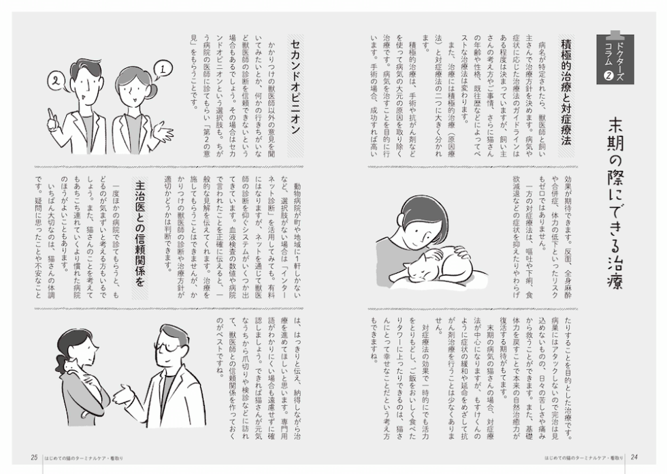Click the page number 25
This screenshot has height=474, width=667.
35,458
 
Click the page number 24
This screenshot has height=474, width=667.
634,458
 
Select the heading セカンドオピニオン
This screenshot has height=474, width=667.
295,86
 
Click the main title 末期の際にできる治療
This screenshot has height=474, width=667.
615,204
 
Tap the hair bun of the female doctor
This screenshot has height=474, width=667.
153,90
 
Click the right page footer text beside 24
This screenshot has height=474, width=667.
584,458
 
